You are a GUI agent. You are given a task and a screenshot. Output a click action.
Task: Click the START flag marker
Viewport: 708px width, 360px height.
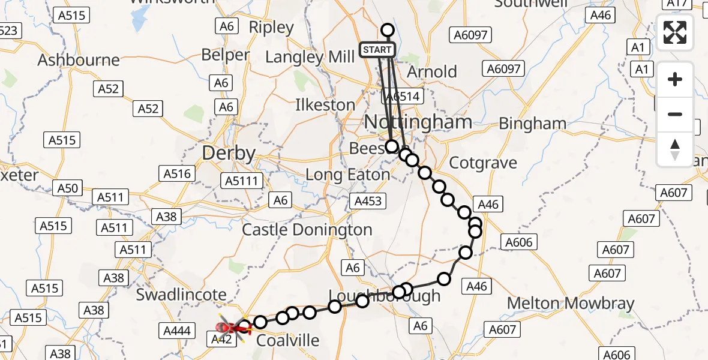377,50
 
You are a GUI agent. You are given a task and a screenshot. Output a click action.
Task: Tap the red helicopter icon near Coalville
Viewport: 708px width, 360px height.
229,328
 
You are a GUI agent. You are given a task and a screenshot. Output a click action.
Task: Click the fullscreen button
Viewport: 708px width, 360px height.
675,32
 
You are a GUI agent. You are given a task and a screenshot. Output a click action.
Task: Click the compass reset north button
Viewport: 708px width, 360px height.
675,149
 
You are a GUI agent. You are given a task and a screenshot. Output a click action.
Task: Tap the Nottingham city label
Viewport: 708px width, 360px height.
418,122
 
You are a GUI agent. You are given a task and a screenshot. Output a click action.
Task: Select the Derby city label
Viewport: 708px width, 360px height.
229,153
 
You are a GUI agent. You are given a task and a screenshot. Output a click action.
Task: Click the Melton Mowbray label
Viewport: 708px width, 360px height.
570,304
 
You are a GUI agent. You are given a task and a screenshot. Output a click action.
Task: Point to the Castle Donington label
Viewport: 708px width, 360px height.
307,230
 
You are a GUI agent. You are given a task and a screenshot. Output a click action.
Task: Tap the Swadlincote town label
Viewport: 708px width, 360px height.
181,295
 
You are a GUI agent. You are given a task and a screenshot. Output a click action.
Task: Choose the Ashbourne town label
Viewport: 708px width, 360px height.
79,61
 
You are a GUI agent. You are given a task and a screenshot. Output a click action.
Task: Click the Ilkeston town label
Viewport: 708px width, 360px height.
325,105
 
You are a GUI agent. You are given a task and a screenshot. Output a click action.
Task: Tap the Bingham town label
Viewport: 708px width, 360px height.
532,124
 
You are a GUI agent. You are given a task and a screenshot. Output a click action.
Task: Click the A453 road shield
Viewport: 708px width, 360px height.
368,201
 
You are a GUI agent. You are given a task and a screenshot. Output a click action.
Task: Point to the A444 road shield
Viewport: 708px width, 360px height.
176,330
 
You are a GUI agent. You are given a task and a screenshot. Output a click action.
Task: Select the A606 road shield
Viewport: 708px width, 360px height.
518,242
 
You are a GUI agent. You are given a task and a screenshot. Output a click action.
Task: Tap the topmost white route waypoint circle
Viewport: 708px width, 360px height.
388,30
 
